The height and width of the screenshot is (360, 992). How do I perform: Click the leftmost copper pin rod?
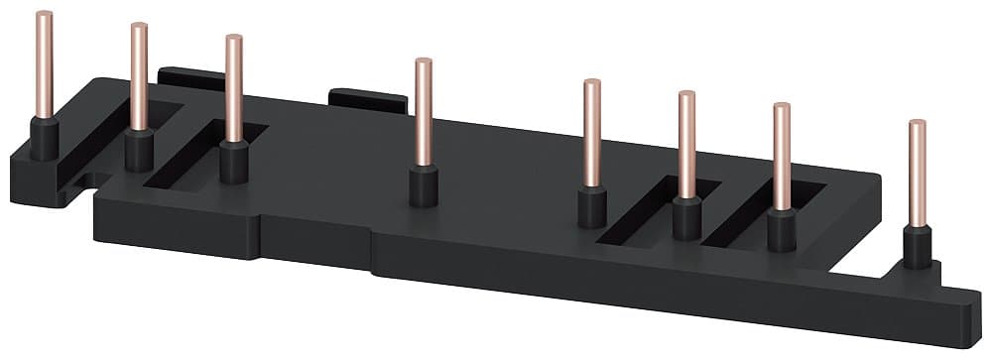pyautogui.click(x=44, y=64)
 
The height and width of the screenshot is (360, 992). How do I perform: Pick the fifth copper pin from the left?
pyautogui.click(x=592, y=134)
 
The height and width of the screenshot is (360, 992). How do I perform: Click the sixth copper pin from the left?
pyautogui.click(x=686, y=144)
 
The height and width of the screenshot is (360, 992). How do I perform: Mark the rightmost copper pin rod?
pyautogui.click(x=918, y=174)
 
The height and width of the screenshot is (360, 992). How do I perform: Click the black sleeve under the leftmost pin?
pyautogui.click(x=44, y=138)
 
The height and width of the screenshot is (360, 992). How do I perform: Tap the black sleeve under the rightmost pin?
pyautogui.click(x=917, y=247)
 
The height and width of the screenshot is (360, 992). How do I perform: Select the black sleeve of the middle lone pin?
pyautogui.click(x=424, y=185)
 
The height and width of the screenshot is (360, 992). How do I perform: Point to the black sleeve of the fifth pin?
pyautogui.click(x=592, y=207)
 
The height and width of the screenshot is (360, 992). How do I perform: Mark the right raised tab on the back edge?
pyautogui.click(x=367, y=99)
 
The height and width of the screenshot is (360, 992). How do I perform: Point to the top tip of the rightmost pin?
pyautogui.click(x=918, y=124)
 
